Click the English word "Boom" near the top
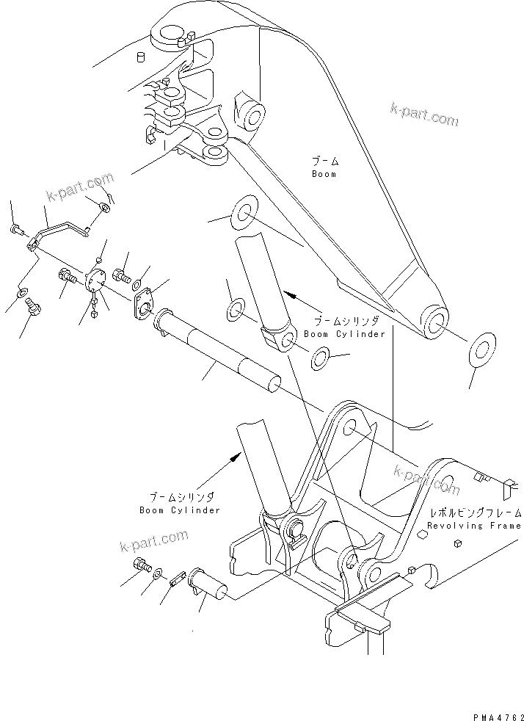(x=323, y=175)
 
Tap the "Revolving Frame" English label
(x=475, y=526)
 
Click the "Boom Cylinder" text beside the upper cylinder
(x=349, y=334)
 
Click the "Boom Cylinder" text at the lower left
(x=180, y=510)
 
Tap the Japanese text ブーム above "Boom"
(x=324, y=162)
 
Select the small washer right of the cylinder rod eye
(x=320, y=358)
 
